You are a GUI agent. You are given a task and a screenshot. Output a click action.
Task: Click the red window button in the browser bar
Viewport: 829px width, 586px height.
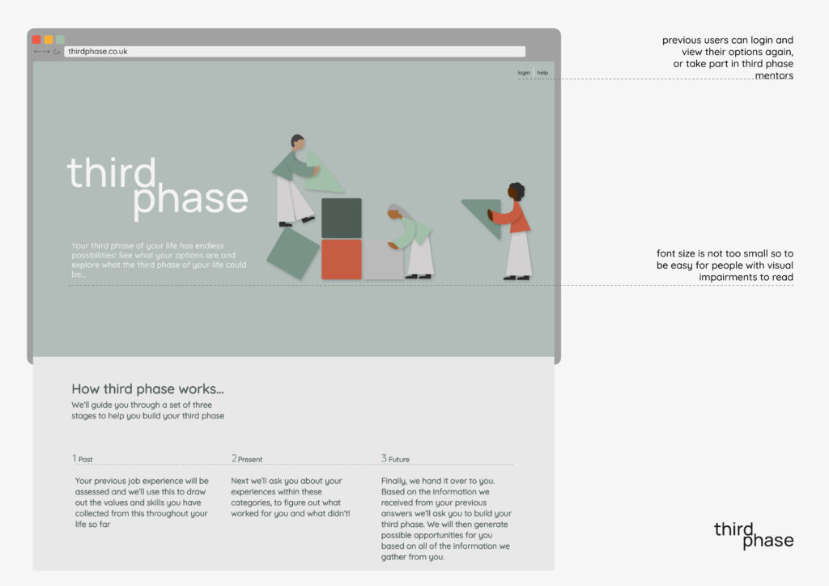click(x=36, y=40)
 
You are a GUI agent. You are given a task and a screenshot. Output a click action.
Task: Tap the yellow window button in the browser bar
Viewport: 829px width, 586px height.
click(x=49, y=40)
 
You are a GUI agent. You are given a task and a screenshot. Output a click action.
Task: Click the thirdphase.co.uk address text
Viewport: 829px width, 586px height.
click(x=98, y=51)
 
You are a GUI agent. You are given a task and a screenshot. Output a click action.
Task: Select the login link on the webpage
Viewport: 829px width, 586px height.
click(x=524, y=73)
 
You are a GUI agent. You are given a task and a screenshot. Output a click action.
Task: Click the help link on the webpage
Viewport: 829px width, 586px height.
click(x=542, y=73)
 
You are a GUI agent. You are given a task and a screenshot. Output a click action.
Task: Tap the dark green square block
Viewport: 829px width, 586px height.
click(x=342, y=219)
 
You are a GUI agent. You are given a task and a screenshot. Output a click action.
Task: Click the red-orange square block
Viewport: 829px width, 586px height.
click(x=342, y=259)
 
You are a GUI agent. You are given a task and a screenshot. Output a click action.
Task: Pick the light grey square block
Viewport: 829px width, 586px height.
click(x=383, y=259)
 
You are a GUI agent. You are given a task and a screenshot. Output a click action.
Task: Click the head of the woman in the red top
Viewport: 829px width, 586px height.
click(x=516, y=191)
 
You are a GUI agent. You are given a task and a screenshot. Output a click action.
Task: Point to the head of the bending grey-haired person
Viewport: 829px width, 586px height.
click(x=397, y=211)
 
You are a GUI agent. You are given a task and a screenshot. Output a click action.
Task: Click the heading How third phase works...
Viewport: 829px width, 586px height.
click(x=147, y=389)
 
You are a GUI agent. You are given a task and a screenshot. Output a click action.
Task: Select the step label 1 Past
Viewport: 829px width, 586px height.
click(x=83, y=459)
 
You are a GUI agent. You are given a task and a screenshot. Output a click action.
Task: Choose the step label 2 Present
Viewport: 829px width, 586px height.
click(x=246, y=459)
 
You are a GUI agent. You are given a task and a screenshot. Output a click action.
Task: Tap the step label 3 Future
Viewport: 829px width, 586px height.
click(x=395, y=459)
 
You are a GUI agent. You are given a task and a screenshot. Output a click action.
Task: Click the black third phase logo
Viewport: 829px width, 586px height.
click(x=754, y=535)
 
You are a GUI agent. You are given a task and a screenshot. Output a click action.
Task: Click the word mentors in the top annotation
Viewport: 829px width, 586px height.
click(x=774, y=75)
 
